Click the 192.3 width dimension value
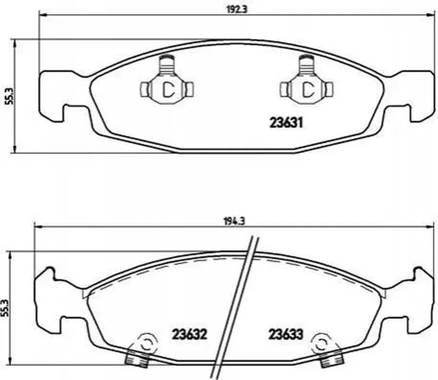(x=237, y=9)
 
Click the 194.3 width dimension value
(x=234, y=221)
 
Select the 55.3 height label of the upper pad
(x=10, y=95)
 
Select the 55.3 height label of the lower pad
(x=5, y=308)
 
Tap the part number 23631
(x=286, y=123)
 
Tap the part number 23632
(x=189, y=334)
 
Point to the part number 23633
(x=286, y=334)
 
